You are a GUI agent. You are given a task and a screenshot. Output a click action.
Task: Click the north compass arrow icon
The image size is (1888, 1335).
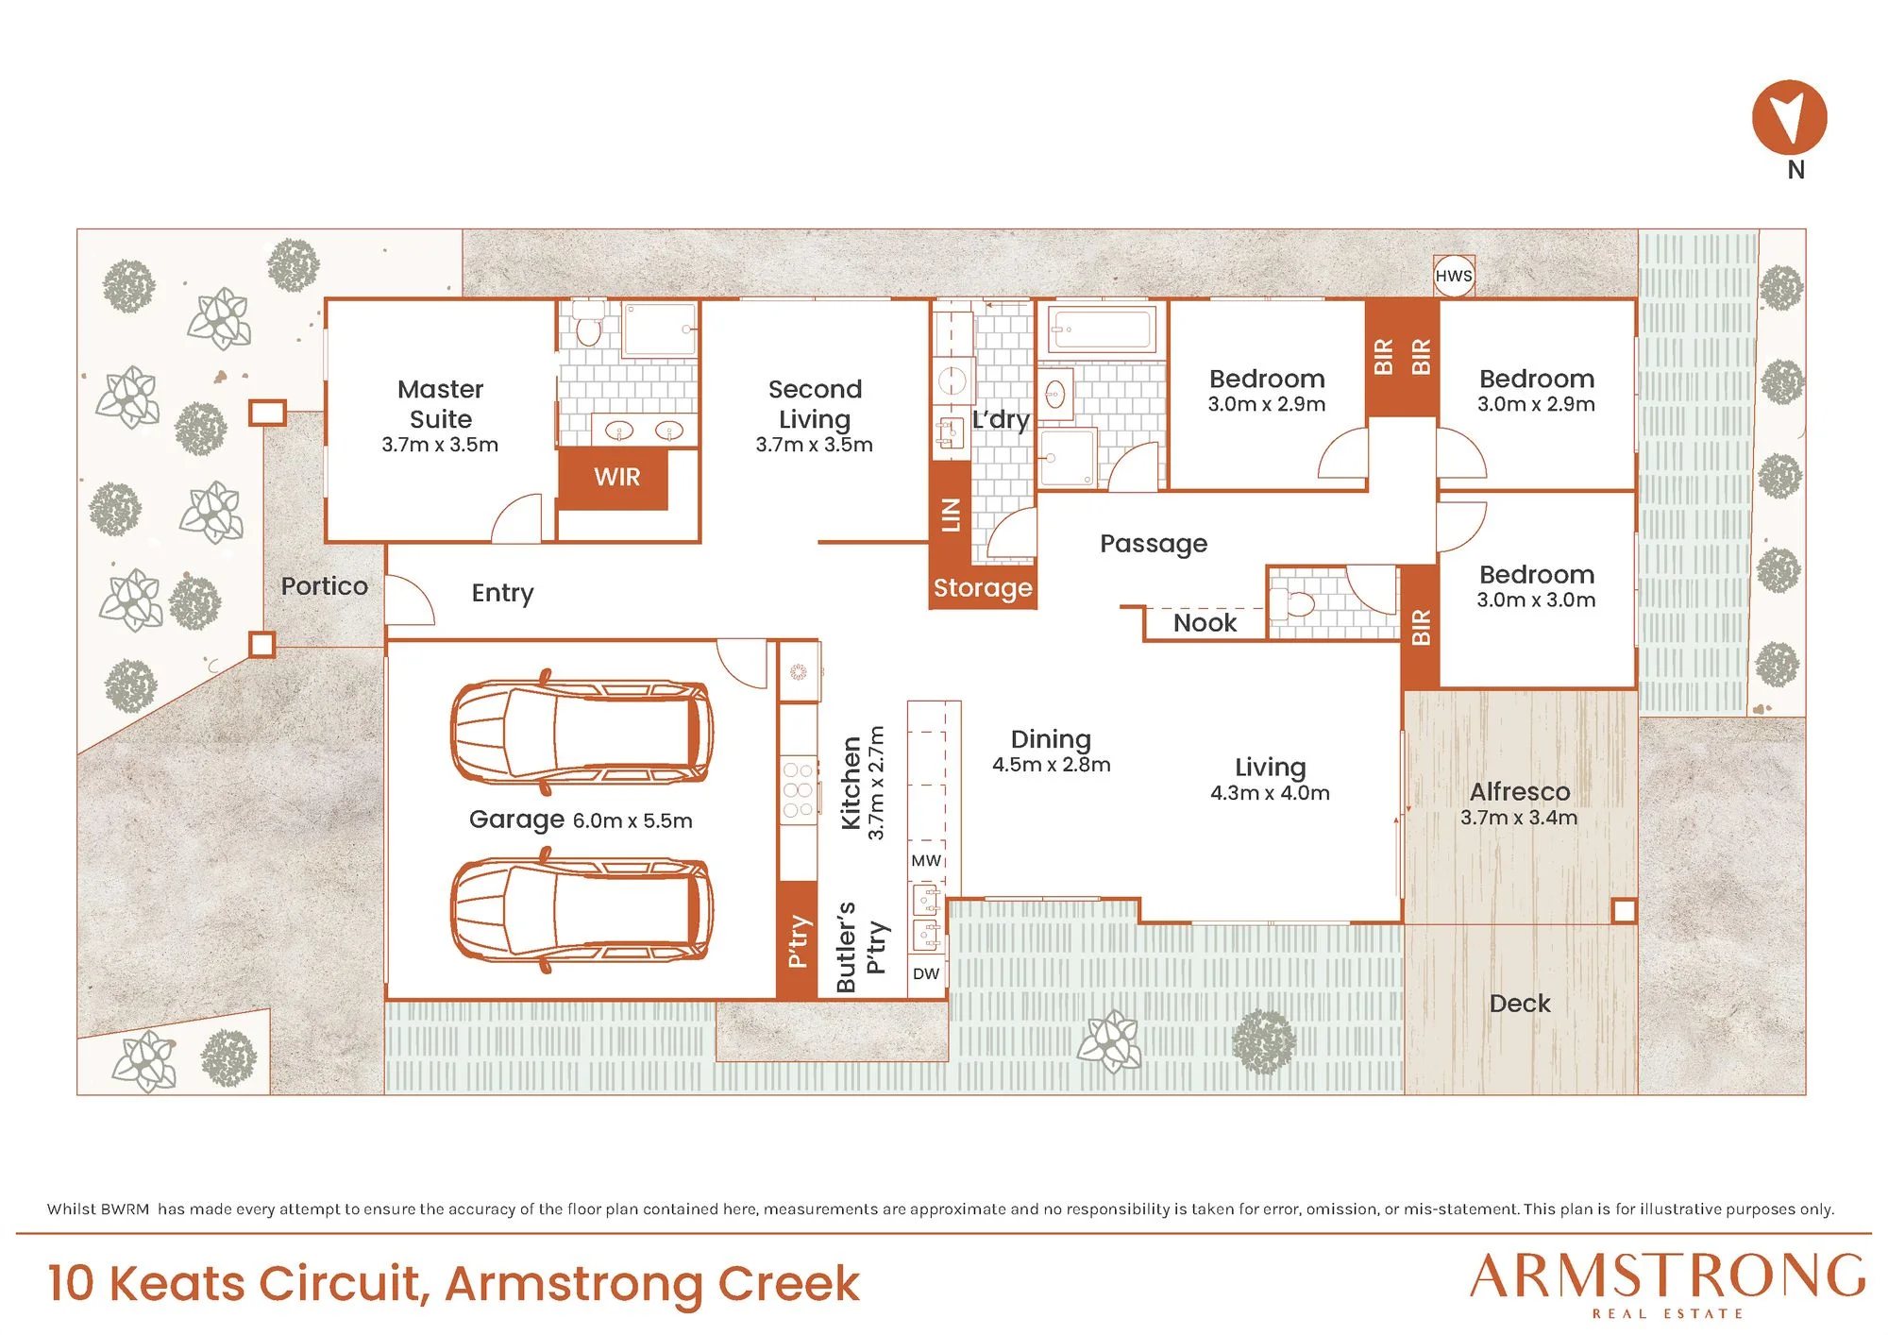(x=1789, y=118)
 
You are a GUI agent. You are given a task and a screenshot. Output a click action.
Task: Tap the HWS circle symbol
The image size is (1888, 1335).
(x=1454, y=276)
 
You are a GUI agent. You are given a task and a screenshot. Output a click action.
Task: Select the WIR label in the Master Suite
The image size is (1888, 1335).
(x=617, y=477)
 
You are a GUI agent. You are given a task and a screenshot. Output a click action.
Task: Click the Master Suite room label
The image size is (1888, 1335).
(x=440, y=404)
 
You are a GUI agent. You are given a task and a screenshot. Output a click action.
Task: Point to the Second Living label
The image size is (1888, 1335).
(x=815, y=404)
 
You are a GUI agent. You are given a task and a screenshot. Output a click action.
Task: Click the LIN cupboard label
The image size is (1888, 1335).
(x=951, y=515)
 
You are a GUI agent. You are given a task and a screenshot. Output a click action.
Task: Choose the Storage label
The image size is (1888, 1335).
(x=983, y=588)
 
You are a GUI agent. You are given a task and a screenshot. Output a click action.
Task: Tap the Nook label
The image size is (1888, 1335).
(x=1205, y=623)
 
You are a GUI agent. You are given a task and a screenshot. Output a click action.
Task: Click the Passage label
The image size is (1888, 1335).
(x=1154, y=544)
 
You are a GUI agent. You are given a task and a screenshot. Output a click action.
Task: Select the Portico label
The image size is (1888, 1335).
(x=325, y=586)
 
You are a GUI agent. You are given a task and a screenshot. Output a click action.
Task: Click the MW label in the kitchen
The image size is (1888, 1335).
(x=926, y=861)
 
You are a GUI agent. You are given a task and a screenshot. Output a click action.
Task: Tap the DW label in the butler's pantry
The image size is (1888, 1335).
(x=926, y=973)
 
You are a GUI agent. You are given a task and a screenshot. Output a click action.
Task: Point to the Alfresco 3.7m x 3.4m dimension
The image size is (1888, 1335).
(x=1519, y=818)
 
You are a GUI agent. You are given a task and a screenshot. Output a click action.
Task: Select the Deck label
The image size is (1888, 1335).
(x=1520, y=1004)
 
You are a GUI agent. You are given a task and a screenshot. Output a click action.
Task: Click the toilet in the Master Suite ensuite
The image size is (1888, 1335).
(x=589, y=323)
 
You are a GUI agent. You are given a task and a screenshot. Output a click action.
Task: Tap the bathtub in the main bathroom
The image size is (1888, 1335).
(x=1102, y=330)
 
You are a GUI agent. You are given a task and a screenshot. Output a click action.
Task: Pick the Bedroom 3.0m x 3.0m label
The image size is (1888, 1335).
(x=1537, y=586)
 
